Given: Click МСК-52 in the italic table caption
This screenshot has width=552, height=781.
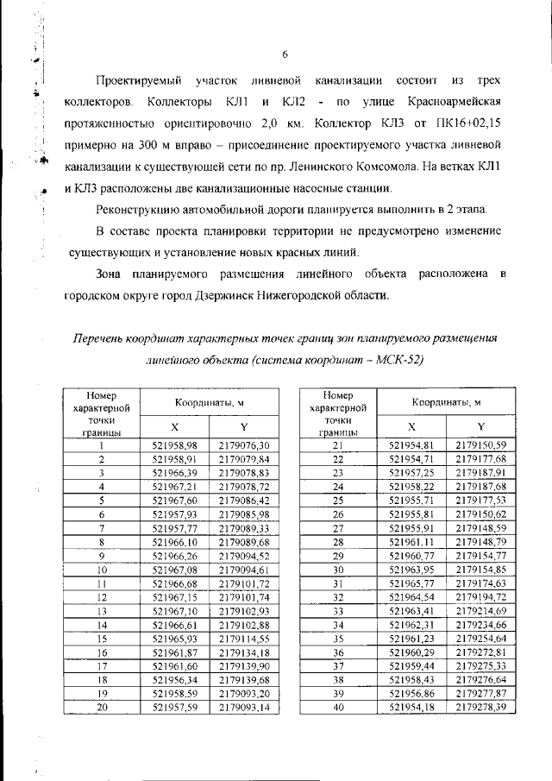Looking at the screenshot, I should tap(402, 358).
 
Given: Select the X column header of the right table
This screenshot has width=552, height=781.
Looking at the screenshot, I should tap(411, 426).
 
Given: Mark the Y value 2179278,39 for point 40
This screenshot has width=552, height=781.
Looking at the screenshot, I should tap(480, 707).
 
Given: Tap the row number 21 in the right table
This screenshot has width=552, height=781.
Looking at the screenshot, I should tap(338, 445).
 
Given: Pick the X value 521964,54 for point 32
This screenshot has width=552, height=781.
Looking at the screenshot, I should tap(411, 596).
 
